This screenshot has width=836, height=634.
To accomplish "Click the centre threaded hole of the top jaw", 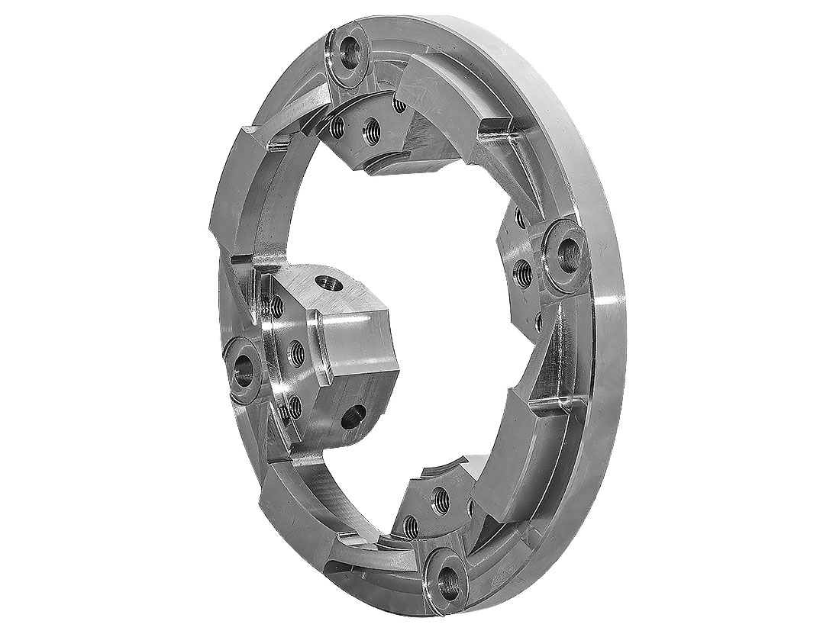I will (x=372, y=130).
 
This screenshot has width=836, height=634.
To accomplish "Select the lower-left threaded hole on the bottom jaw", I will (x=410, y=525).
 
